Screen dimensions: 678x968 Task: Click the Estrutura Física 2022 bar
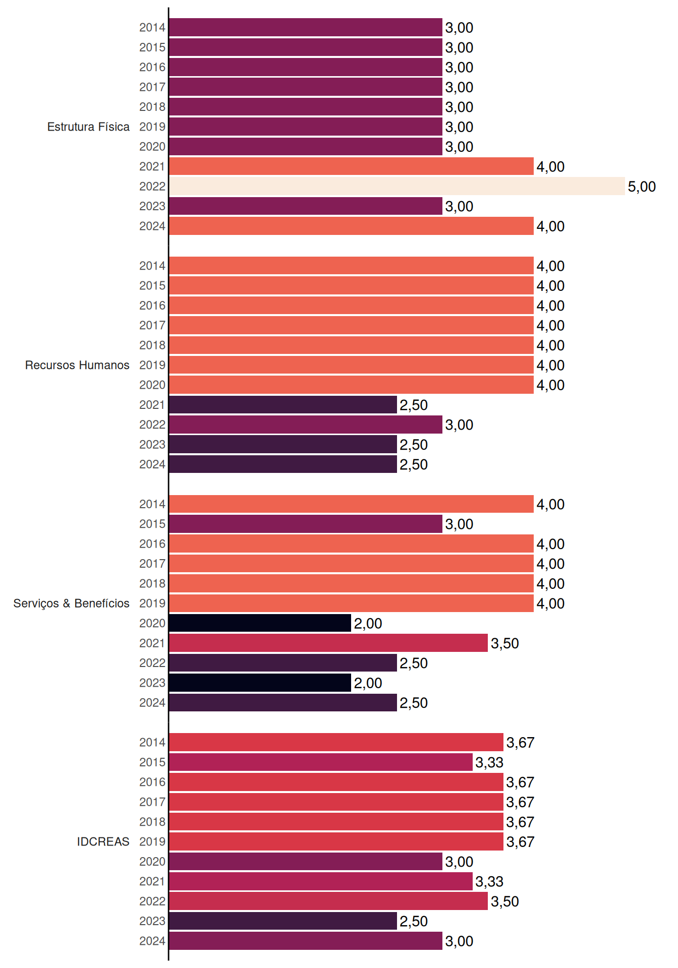397,186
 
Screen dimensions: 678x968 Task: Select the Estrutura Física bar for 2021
352,166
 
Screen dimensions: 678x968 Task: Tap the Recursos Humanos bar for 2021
283,405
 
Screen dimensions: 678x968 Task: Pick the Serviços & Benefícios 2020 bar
260,623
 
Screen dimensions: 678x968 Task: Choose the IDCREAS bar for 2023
283,921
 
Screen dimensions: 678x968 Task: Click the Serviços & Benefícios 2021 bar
328,643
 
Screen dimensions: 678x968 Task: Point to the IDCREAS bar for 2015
321,762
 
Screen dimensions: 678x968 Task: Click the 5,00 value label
642,187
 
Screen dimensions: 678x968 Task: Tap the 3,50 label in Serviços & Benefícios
505,643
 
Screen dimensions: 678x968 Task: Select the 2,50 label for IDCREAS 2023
414,922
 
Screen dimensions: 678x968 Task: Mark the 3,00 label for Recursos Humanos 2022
459,425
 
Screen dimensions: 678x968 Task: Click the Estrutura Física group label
88,127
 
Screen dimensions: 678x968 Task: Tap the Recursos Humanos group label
77,365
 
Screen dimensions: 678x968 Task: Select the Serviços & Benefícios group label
71,603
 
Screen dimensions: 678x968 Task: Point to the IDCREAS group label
103,841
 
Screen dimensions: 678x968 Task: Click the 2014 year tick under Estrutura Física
152,27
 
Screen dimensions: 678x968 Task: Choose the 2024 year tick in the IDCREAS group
152,941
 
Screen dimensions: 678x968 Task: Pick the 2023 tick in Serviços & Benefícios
152,683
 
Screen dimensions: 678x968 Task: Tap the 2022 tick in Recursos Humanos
152,425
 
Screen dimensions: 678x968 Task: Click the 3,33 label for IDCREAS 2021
489,882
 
